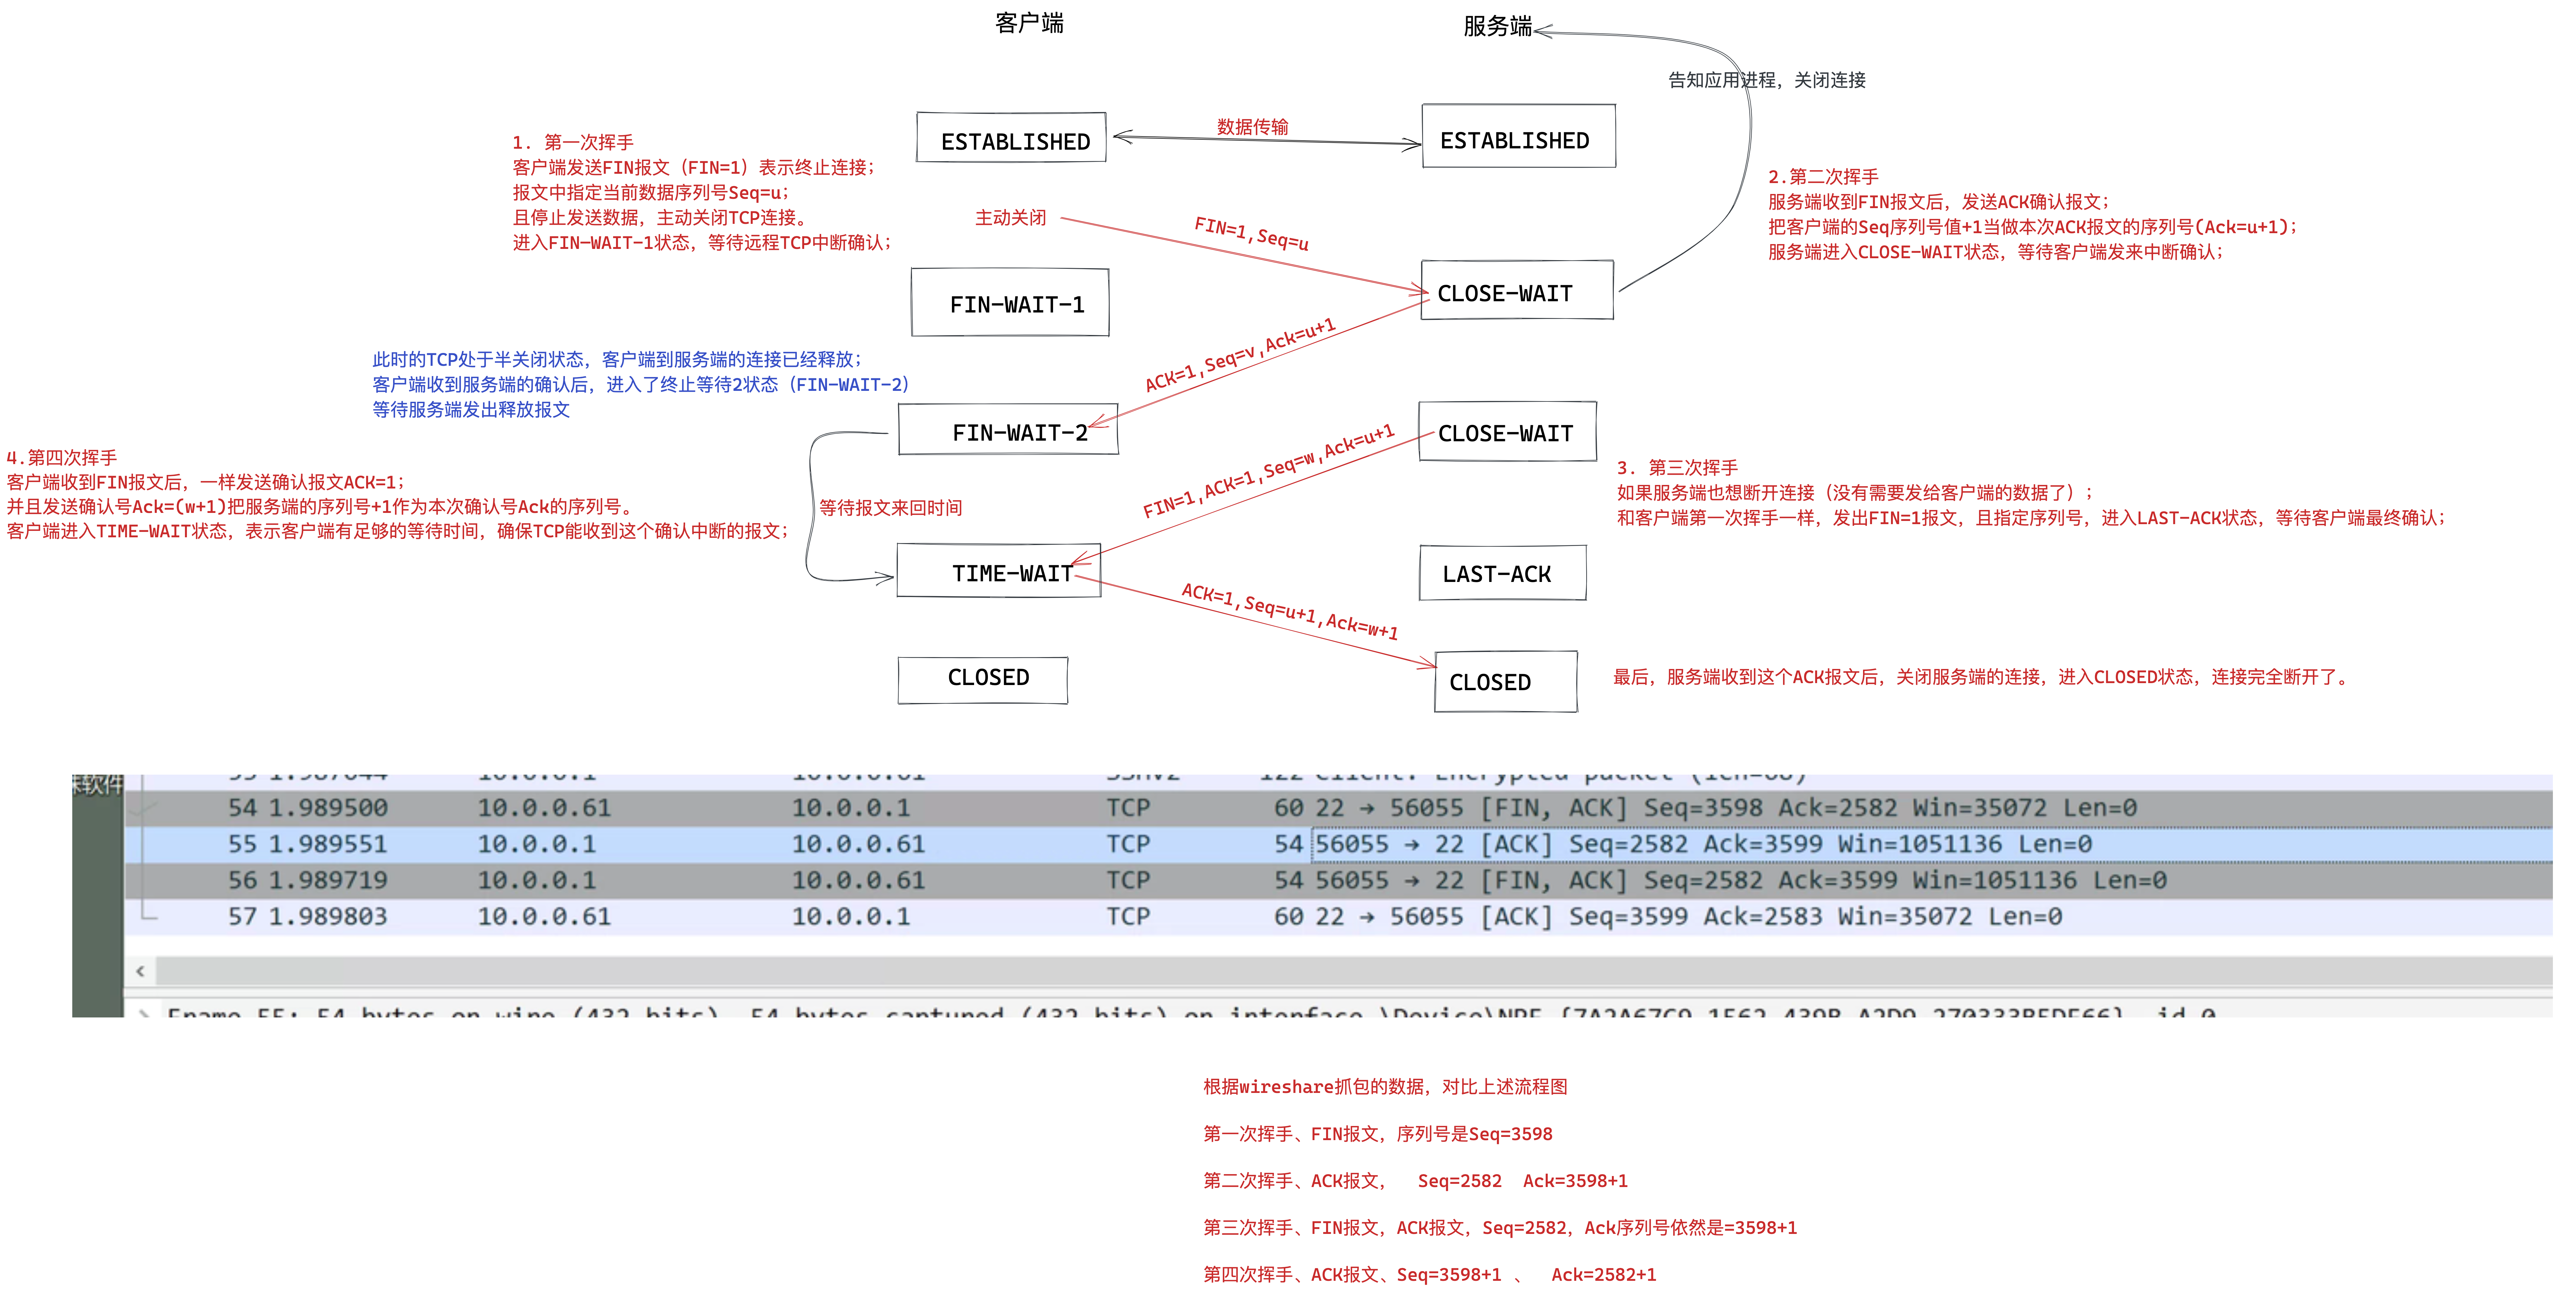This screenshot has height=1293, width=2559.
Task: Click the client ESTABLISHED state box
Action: tap(1011, 139)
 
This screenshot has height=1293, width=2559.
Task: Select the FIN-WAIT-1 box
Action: tap(1010, 303)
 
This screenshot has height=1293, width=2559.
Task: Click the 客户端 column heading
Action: tap(1029, 23)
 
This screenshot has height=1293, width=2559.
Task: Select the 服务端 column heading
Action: tap(1497, 26)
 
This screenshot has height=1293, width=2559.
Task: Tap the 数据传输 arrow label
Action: tap(1253, 126)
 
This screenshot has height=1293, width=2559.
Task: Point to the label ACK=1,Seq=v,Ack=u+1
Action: tap(1240, 355)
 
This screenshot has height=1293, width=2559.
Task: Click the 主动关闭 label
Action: tap(1010, 217)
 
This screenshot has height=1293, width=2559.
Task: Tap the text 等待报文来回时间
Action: tap(890, 507)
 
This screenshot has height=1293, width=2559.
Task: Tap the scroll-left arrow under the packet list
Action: tap(140, 970)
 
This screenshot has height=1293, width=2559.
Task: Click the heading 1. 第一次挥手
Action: tap(573, 142)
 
